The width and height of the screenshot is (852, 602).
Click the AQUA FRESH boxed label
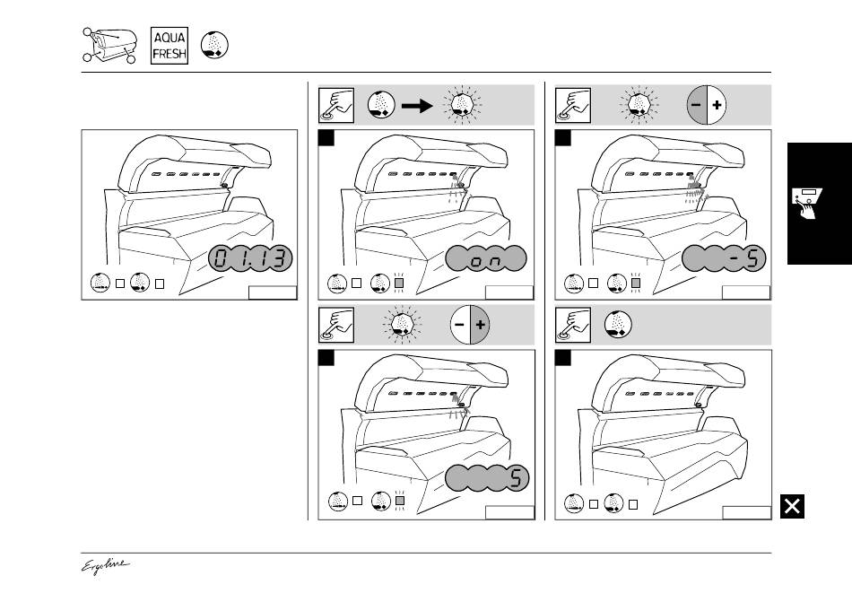(x=170, y=45)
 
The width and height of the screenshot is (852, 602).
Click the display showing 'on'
(x=484, y=261)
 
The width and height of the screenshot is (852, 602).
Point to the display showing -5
(x=723, y=261)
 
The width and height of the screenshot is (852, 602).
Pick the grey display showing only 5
(x=486, y=478)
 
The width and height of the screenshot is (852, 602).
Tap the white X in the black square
(x=792, y=507)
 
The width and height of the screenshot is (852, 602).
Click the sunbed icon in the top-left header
(x=109, y=46)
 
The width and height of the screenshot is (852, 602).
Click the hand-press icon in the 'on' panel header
(x=335, y=105)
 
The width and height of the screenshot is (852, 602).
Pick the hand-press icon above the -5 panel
(x=571, y=105)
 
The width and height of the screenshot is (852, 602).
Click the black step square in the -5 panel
(x=563, y=138)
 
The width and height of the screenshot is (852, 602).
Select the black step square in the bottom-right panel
(x=563, y=358)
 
